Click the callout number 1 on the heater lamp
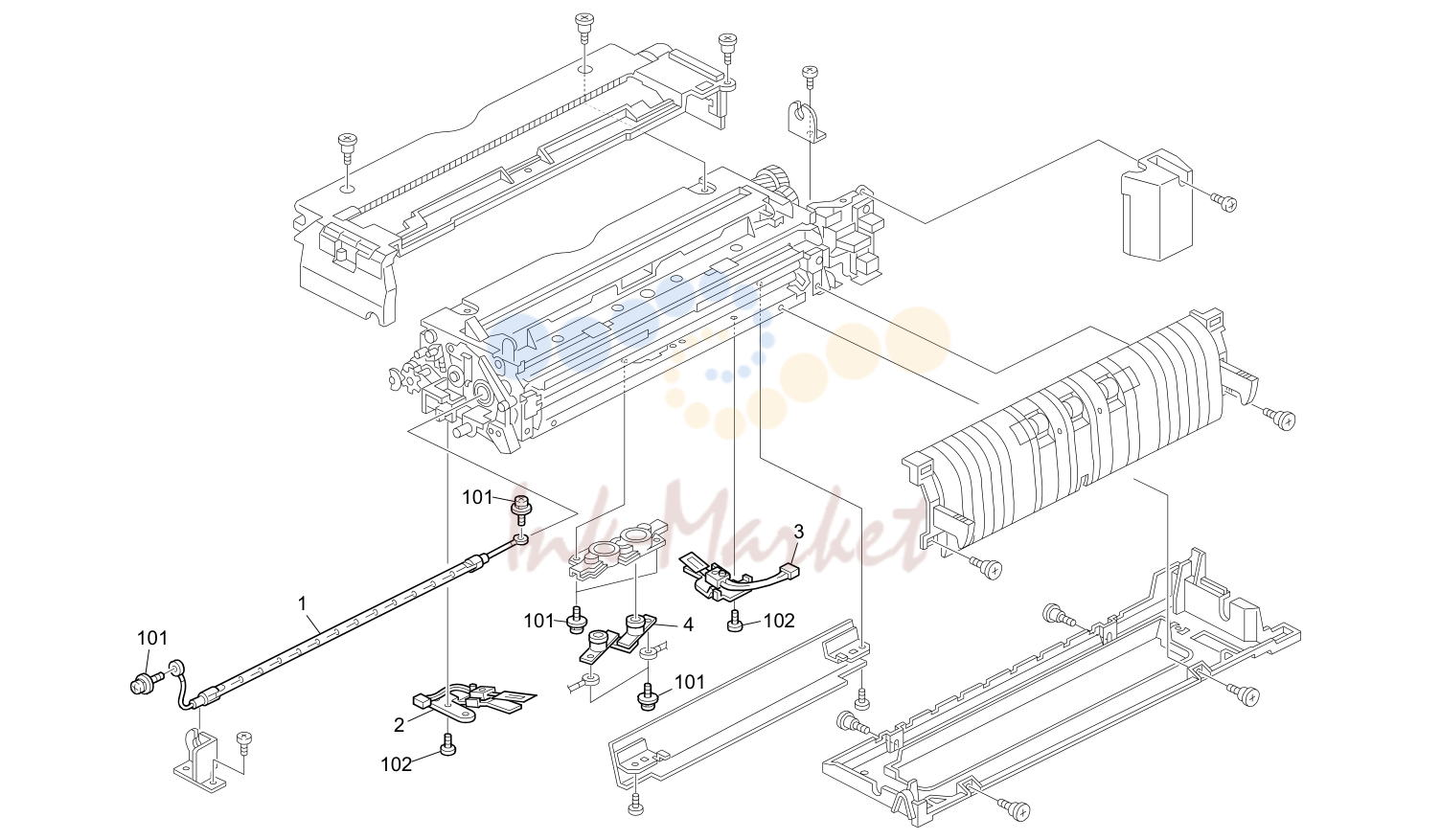(x=303, y=603)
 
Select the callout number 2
(x=399, y=725)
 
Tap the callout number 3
(x=798, y=532)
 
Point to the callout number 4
(x=688, y=624)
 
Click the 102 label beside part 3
(x=779, y=621)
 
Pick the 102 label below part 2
(x=397, y=764)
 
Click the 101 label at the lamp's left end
(x=152, y=638)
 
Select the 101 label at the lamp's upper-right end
(x=478, y=498)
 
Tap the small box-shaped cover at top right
(x=1156, y=205)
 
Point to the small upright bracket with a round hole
(x=806, y=121)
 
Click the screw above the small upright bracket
(x=810, y=76)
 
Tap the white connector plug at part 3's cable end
(x=789, y=569)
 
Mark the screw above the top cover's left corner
(x=348, y=145)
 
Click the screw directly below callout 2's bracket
(x=447, y=746)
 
